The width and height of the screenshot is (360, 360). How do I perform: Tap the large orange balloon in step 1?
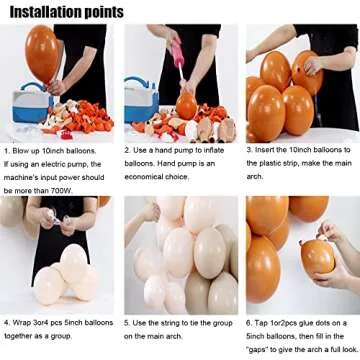tap(73, 52)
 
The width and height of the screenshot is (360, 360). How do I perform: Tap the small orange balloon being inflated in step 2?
tap(186, 105)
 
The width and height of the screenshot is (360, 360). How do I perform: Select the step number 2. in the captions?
tap(127, 148)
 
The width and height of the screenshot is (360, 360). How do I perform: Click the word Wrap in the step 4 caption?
tap(24, 323)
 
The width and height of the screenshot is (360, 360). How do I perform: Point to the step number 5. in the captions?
tap(127, 323)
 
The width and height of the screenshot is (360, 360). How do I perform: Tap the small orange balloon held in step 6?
tap(316, 258)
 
